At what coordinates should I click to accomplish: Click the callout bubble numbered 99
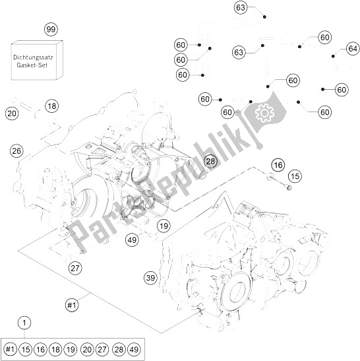click(x=51, y=30)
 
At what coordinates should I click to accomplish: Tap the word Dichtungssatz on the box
click(x=33, y=57)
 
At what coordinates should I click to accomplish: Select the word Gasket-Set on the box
click(x=32, y=65)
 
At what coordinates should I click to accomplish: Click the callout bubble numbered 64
click(x=353, y=49)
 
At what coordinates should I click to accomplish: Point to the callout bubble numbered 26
click(x=16, y=151)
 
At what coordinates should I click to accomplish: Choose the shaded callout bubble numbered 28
click(x=210, y=161)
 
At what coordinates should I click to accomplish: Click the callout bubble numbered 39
click(x=151, y=278)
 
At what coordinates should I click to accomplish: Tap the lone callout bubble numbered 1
click(x=24, y=323)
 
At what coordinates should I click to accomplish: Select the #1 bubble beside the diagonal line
click(x=72, y=306)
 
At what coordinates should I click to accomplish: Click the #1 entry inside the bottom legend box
click(x=10, y=349)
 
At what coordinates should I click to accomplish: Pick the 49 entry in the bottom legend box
click(x=134, y=349)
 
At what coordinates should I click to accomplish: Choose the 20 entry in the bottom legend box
click(x=87, y=349)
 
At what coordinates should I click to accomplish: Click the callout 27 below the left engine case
click(x=75, y=268)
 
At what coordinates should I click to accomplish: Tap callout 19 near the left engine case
click(x=164, y=226)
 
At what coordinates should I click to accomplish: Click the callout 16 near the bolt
click(x=278, y=165)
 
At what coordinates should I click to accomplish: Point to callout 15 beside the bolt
click(x=295, y=176)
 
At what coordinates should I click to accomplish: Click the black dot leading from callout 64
click(x=333, y=56)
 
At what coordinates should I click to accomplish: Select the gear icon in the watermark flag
click(x=265, y=113)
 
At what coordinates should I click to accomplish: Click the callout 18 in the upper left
click(x=52, y=106)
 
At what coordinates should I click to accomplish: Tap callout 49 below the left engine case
click(x=132, y=240)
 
